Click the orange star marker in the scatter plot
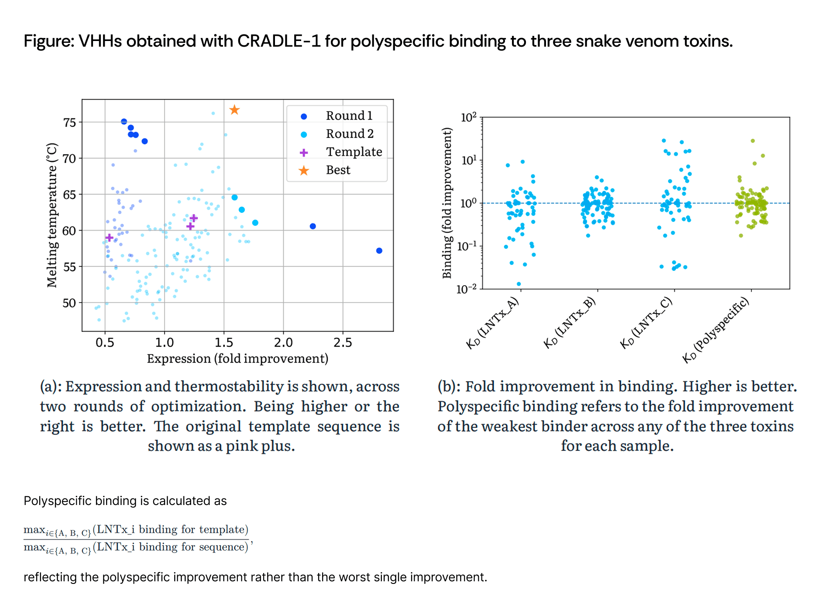coord(234,110)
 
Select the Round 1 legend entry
coord(336,116)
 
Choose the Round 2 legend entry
coord(337,134)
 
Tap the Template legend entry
coord(340,152)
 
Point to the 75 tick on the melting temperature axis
coord(69,123)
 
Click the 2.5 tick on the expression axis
coord(343,343)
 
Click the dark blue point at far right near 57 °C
coord(379,251)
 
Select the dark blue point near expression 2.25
coord(313,226)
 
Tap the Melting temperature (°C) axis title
coord(52,215)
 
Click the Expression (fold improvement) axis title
coord(237,359)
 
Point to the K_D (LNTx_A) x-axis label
coord(492,323)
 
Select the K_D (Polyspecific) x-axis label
coord(716,330)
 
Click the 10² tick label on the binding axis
coord(468,117)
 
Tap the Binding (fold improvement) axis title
coord(446,203)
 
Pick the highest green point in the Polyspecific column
coord(753,141)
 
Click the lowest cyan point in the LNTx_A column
coord(519,284)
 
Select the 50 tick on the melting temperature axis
coord(69,303)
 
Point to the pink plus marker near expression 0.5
coord(110,238)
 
